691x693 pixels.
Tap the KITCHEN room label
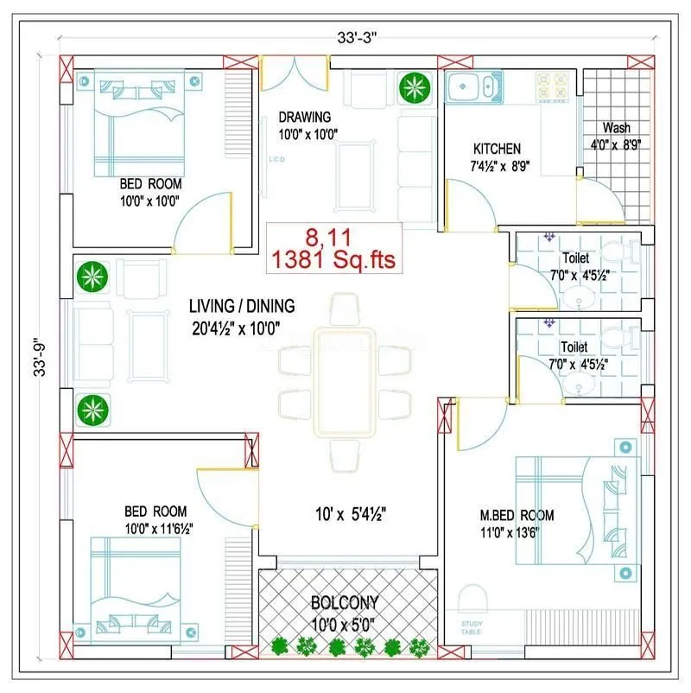(497, 149)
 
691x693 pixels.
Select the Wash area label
(616, 128)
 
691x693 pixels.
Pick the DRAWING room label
(304, 117)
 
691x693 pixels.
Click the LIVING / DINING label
(243, 306)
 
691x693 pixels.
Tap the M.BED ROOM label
(517, 516)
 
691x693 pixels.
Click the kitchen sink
(470, 86)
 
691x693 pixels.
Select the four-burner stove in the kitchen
(549, 86)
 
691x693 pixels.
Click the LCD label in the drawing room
(276, 160)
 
